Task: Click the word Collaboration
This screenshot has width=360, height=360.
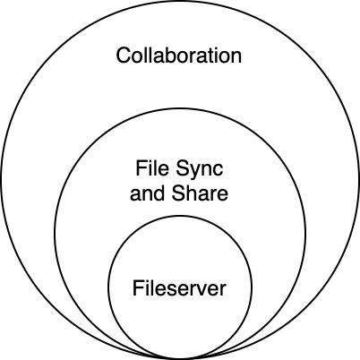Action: click(179, 56)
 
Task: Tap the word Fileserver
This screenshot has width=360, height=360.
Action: click(179, 288)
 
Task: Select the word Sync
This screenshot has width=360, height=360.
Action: click(200, 169)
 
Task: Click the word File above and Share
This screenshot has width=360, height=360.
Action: click(153, 167)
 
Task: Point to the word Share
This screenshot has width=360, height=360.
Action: click(200, 193)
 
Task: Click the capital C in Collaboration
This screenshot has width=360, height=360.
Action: click(124, 56)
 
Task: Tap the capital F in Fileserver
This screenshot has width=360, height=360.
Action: click(138, 287)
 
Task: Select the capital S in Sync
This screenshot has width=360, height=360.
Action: click(183, 168)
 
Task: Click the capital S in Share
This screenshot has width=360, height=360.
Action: click(179, 193)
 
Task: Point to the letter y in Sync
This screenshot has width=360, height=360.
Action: click(197, 173)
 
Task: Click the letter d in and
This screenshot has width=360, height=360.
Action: click(159, 193)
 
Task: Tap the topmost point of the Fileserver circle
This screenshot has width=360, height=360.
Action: click(180, 216)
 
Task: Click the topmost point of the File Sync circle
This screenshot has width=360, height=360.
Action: click(180, 108)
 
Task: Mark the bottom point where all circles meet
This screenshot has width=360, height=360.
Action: click(180, 358)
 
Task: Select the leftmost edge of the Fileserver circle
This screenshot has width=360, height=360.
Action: click(108, 287)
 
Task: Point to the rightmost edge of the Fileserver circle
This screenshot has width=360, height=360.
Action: click(252, 287)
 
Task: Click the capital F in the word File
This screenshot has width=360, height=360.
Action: click(141, 167)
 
